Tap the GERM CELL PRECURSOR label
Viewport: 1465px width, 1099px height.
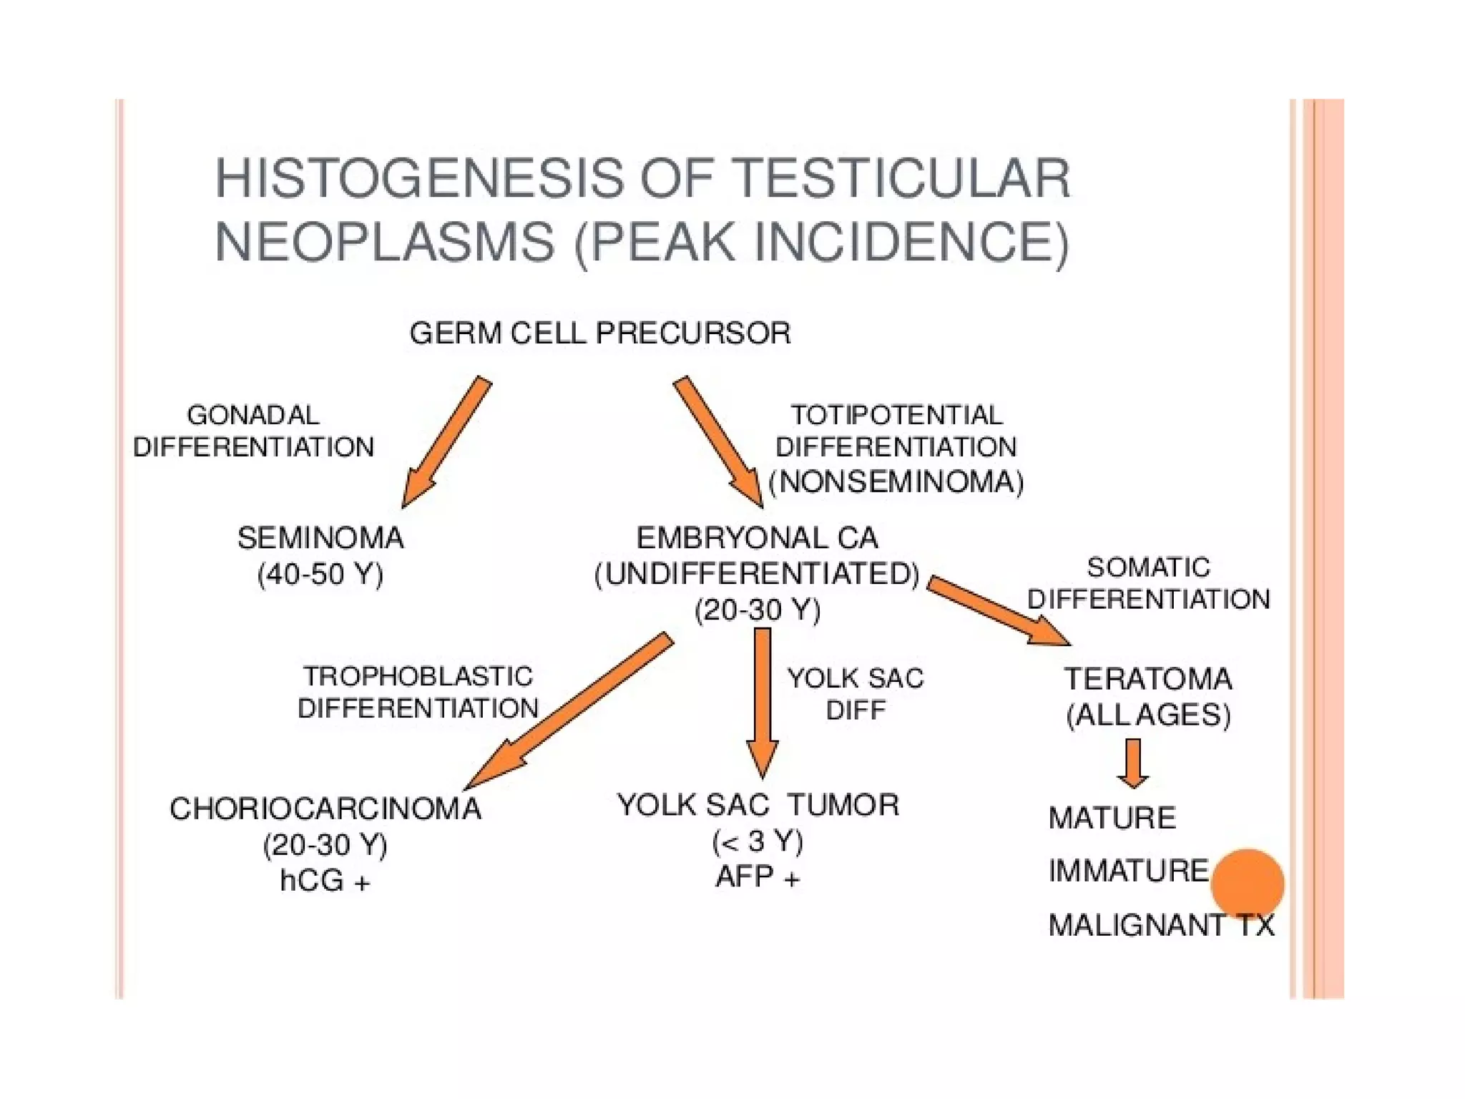point(600,333)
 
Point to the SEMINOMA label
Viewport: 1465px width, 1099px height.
point(320,538)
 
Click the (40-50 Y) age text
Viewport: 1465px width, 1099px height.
point(320,575)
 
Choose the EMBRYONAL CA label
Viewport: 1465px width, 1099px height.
point(757,538)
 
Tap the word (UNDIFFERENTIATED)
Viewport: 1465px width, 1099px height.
point(757,575)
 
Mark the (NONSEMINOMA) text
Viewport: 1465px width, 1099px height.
point(896,482)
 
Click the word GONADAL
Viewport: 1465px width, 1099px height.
point(253,415)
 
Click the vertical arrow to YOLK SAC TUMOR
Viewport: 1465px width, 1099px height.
point(763,701)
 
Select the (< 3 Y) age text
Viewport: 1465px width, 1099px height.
point(758,841)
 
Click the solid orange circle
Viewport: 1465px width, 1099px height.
point(1247,885)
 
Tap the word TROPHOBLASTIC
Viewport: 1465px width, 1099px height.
point(418,676)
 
